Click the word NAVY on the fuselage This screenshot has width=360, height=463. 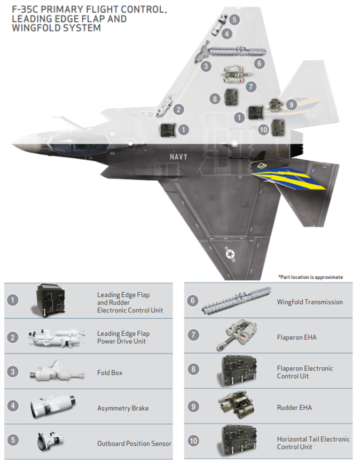tap(178, 156)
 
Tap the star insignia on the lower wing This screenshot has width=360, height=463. tap(230, 254)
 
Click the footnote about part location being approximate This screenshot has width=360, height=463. tap(311, 277)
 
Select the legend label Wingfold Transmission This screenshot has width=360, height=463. tap(310, 302)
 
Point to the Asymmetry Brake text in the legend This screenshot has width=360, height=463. tap(123, 408)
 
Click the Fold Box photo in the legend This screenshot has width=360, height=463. tap(57, 371)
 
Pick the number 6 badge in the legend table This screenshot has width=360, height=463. tap(192, 301)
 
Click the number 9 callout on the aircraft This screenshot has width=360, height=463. tap(291, 105)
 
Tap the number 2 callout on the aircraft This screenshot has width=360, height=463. tap(178, 109)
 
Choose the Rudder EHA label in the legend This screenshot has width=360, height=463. tap(294, 407)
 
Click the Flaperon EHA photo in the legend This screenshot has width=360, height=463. tap(237, 334)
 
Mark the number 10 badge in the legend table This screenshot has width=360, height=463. tap(193, 441)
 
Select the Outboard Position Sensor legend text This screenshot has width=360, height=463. tap(134, 443)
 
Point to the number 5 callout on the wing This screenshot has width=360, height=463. tap(234, 20)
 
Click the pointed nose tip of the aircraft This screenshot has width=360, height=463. tap(12, 144)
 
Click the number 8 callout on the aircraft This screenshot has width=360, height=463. tap(215, 99)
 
